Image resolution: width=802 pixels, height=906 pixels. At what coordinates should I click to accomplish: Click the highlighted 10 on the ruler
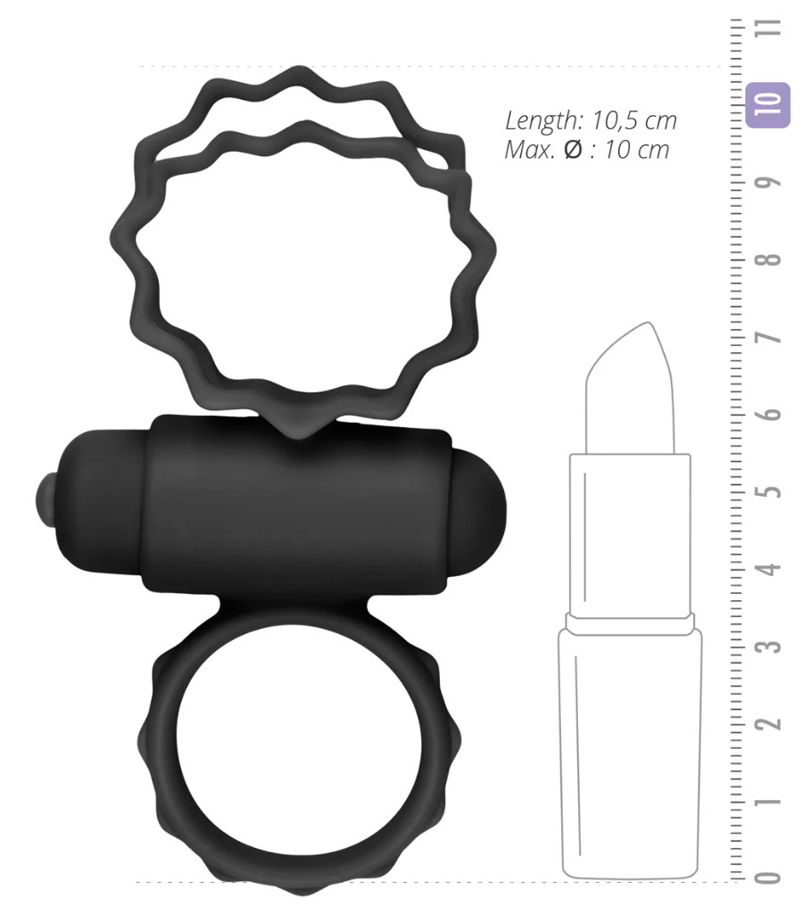click(767, 104)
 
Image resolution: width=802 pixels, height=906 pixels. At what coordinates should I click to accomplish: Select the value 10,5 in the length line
click(615, 121)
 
